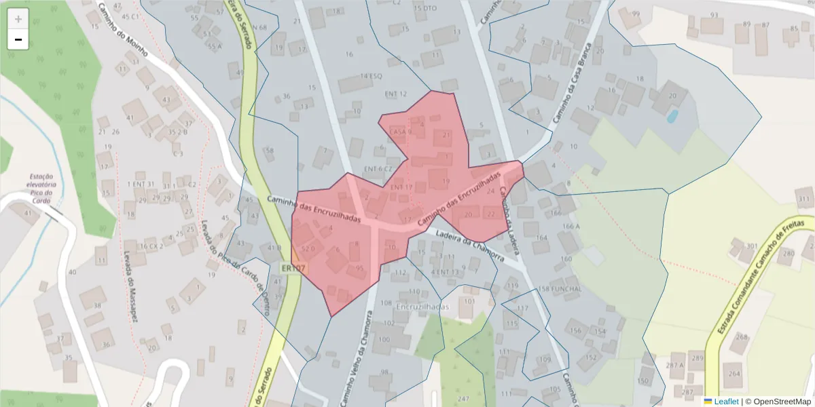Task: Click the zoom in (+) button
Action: [x=18, y=19]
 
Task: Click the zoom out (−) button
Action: [x=18, y=40]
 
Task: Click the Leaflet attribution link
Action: [x=721, y=402]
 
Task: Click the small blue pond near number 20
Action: [x=672, y=117]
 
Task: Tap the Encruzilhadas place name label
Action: [x=422, y=307]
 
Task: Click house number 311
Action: [x=805, y=199]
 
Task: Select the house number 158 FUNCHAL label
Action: [x=560, y=289]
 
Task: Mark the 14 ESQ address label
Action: [x=371, y=76]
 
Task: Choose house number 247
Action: [x=464, y=398]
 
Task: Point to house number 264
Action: [x=733, y=374]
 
